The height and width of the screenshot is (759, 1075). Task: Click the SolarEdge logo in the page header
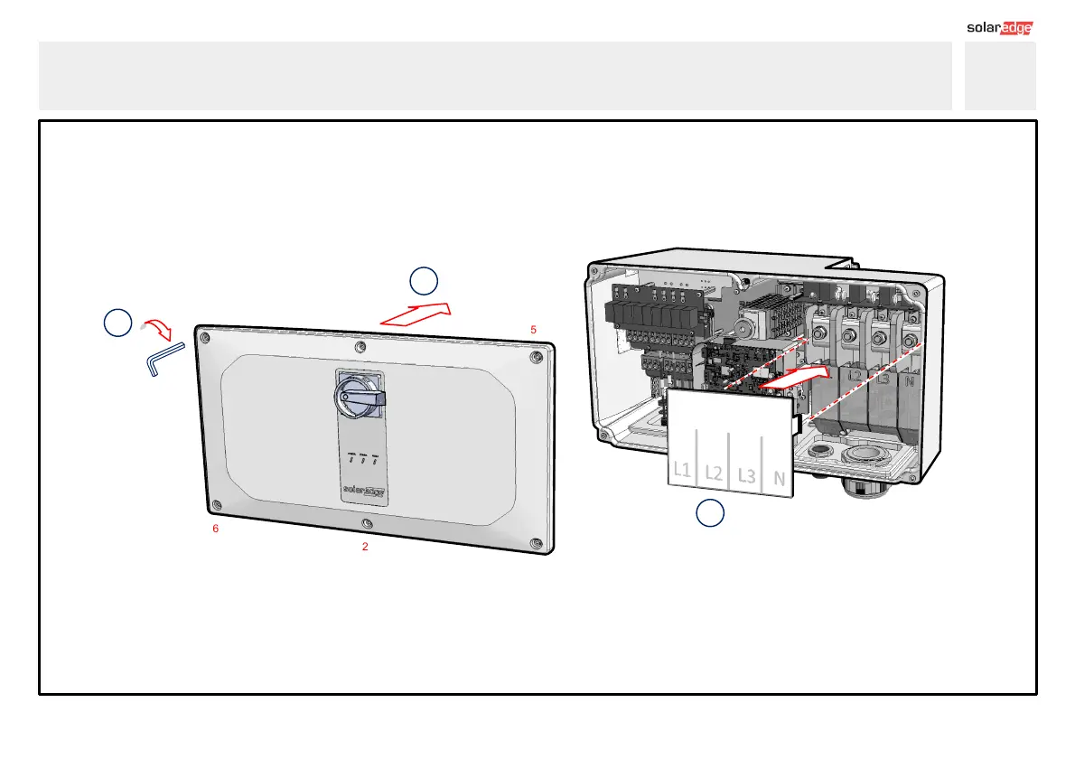coord(999,27)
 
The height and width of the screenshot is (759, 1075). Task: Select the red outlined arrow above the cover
coord(415,314)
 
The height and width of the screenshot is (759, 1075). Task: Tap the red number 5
coord(534,330)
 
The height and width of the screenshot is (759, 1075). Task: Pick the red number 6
coord(215,529)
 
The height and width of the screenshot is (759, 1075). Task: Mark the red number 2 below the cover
coord(365,547)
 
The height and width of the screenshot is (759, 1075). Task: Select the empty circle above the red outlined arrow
coord(423,280)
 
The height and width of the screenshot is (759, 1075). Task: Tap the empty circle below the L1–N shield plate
coord(710,512)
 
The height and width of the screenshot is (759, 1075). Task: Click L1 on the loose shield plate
coord(683,470)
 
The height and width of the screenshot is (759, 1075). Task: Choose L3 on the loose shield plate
coord(746,474)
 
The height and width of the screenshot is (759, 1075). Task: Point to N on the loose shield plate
coord(778,477)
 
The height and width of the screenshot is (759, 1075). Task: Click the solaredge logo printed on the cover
coord(362,492)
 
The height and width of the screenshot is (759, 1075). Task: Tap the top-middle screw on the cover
coord(361,346)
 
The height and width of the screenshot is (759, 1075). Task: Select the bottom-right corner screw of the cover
coord(537,544)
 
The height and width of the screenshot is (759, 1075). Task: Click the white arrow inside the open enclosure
coord(795,378)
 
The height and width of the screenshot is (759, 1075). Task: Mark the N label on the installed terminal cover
coord(910,381)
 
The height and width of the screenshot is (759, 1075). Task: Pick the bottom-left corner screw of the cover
coord(215,504)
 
